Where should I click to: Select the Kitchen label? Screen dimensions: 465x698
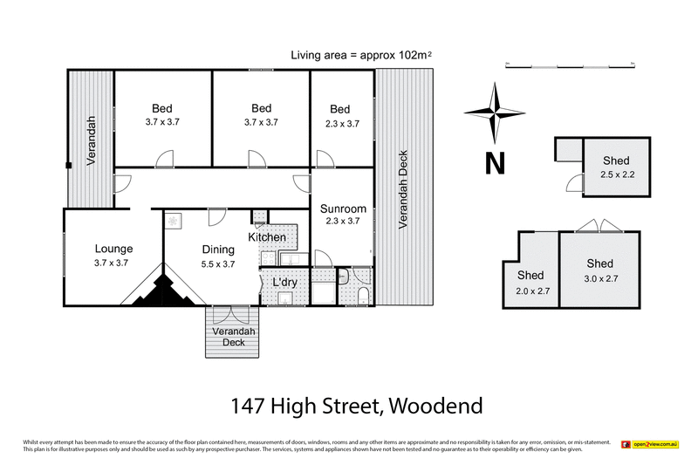point(266,237)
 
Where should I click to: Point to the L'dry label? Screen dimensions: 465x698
point(284,284)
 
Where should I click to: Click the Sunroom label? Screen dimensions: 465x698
point(342,209)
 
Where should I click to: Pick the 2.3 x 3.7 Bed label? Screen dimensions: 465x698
point(340,109)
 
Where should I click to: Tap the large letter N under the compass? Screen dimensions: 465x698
point(495,163)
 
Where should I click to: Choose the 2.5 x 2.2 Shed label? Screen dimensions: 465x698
point(614,161)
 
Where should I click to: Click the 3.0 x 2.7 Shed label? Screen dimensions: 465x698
point(599,263)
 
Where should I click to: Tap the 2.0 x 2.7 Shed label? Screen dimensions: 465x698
point(530,276)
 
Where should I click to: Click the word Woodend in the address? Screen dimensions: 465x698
point(435,406)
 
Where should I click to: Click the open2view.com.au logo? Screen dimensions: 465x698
point(649,445)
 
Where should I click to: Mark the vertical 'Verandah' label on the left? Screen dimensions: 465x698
point(91,140)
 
